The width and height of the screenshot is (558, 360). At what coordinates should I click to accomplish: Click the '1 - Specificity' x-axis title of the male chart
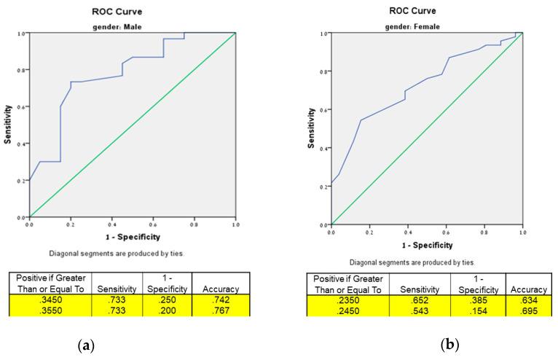click(133, 237)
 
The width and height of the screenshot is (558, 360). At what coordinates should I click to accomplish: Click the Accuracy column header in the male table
click(221, 289)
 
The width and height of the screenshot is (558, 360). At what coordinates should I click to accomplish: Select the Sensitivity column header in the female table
click(420, 289)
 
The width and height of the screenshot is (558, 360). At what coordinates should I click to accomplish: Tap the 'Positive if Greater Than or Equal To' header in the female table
click(348, 284)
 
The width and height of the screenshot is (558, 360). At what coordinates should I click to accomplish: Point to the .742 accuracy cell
click(221, 299)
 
